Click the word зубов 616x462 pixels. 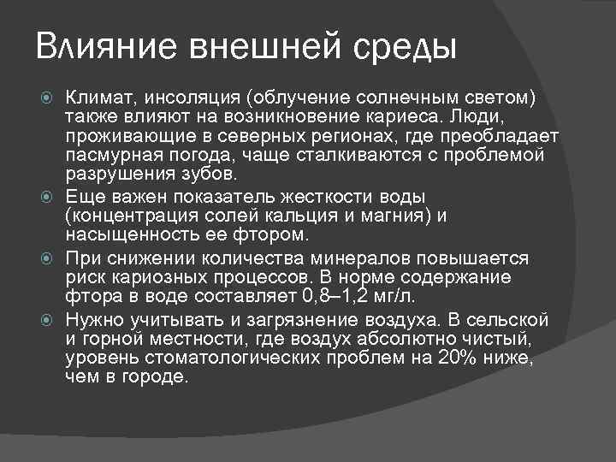coord(204,175)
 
